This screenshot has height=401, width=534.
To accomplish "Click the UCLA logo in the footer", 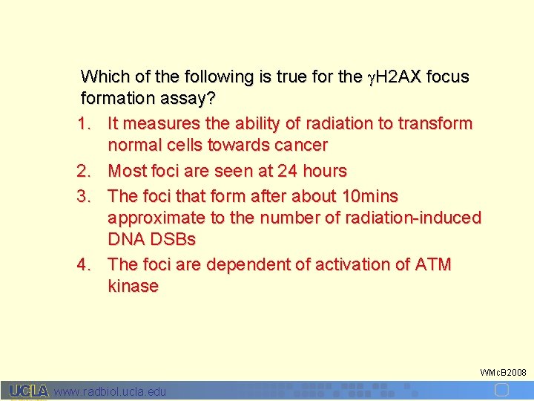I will [28, 391].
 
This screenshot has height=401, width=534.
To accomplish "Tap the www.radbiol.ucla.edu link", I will [111, 391].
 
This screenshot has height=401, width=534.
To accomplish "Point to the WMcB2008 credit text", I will [503, 372].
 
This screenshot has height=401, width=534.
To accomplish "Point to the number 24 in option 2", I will [287, 171].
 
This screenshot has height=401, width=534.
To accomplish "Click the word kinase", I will [133, 287].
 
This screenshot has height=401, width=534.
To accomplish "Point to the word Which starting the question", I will [103, 76].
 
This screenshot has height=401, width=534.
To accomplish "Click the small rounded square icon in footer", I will [502, 390].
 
